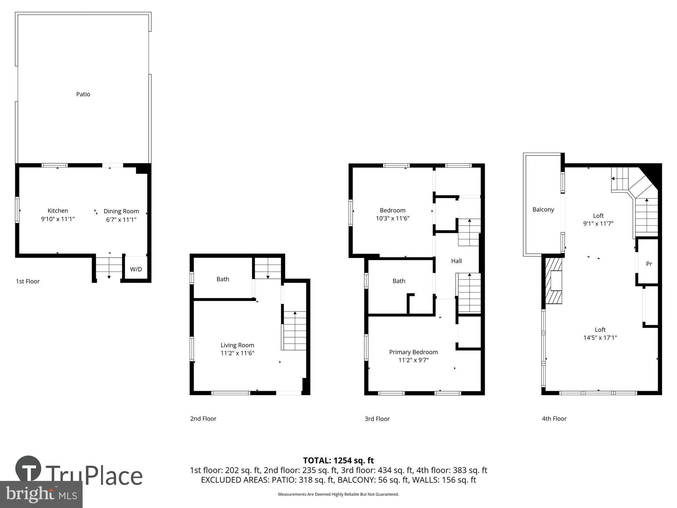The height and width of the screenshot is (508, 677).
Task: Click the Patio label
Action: (x=83, y=94)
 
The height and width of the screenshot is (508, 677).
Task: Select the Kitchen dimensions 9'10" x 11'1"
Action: (x=58, y=219)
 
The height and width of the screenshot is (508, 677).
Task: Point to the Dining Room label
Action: (x=121, y=211)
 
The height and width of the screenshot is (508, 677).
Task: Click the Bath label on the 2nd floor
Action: (x=223, y=279)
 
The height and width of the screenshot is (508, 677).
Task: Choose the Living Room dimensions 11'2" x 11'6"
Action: (x=237, y=353)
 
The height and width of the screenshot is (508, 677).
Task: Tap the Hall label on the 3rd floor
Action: (x=456, y=261)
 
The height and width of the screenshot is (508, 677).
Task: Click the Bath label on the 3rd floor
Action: (x=399, y=281)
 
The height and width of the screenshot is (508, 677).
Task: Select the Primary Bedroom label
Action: (x=413, y=352)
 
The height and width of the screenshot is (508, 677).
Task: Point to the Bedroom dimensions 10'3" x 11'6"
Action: (x=393, y=218)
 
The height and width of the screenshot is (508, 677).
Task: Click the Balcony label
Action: (x=543, y=210)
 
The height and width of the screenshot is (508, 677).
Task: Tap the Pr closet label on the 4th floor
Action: (x=649, y=264)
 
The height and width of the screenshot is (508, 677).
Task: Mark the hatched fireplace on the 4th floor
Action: (x=553, y=281)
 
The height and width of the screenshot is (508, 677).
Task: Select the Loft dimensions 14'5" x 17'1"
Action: (x=600, y=338)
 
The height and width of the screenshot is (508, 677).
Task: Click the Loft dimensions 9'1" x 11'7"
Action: (x=598, y=224)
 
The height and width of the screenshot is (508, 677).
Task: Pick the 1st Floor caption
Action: (x=28, y=281)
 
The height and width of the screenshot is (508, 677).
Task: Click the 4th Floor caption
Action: (x=554, y=419)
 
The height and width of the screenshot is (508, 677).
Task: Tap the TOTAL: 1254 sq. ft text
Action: (x=338, y=461)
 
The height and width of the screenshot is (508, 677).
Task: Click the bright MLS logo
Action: (x=41, y=494)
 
